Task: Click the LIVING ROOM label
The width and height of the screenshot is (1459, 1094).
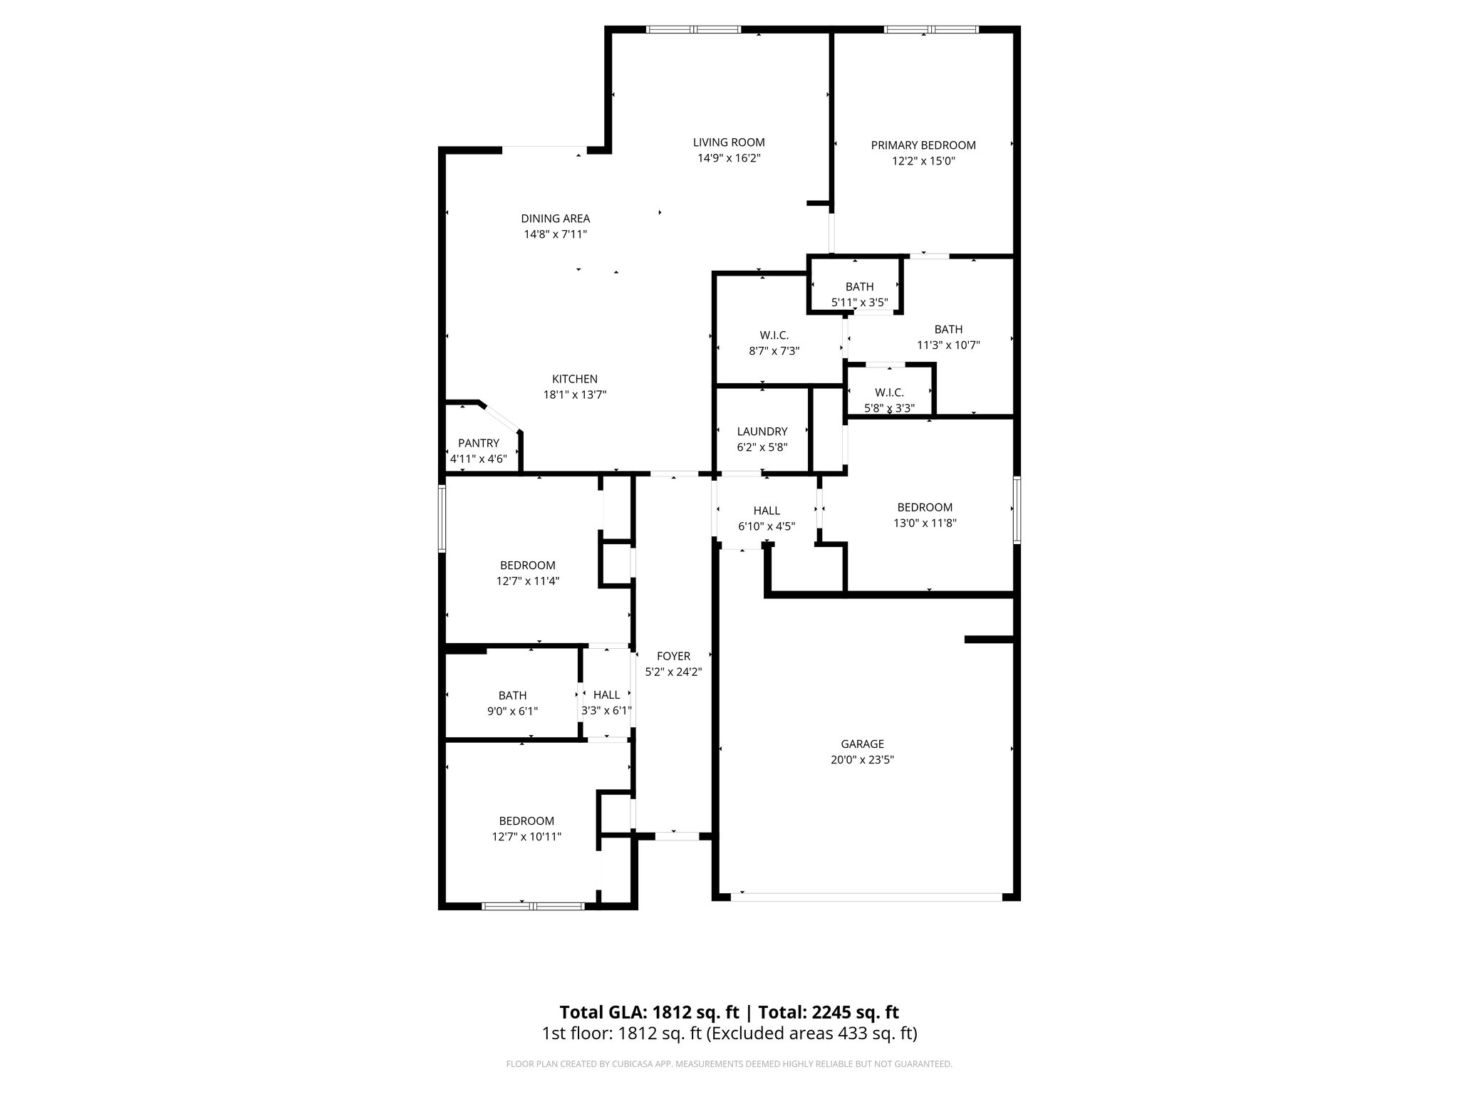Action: click(x=729, y=142)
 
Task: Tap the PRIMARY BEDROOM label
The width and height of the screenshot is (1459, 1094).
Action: click(x=923, y=145)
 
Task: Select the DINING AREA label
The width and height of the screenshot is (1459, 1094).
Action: click(x=555, y=219)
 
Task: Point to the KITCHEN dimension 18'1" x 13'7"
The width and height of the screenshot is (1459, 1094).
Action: click(x=575, y=395)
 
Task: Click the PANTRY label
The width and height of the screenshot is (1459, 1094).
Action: click(x=479, y=443)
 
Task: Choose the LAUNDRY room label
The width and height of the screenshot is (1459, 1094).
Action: click(x=762, y=432)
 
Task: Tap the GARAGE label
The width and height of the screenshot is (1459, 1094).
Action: click(x=862, y=744)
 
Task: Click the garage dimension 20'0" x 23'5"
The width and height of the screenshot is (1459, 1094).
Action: click(x=862, y=760)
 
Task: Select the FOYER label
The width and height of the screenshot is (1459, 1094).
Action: click(x=673, y=656)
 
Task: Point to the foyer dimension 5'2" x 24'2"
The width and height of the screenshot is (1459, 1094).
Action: click(x=673, y=672)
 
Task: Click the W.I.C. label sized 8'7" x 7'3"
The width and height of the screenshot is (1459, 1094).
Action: click(x=774, y=335)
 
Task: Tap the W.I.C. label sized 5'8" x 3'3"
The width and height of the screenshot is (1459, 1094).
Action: click(x=889, y=392)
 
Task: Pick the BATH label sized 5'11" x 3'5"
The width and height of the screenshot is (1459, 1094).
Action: click(x=859, y=286)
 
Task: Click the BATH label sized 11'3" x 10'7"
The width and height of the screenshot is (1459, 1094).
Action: click(x=948, y=329)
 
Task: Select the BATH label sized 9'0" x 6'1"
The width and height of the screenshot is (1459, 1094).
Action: click(x=512, y=695)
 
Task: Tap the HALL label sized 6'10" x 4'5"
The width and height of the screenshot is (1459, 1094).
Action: click(x=767, y=511)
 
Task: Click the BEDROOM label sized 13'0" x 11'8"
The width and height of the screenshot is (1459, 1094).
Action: click(x=925, y=507)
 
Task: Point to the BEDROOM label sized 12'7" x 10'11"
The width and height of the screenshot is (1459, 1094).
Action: click(x=526, y=821)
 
